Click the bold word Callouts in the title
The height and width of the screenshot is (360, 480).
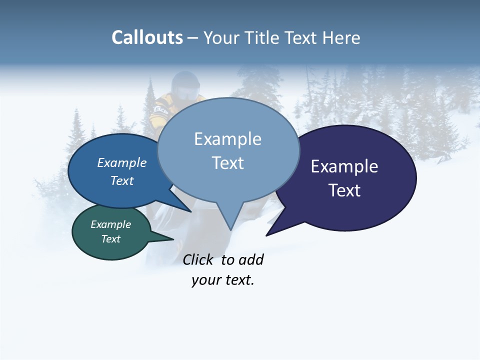coord(147,37)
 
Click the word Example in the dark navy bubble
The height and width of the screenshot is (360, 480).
coord(344,166)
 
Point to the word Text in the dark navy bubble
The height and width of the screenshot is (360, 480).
coord(344,190)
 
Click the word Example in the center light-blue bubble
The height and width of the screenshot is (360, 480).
coord(227,139)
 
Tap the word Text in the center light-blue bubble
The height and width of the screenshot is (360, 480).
coord(227,163)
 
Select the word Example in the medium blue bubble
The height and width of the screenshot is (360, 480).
coord(121,162)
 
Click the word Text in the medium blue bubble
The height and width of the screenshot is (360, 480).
coord(121,180)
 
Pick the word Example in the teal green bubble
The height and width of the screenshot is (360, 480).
coord(110,224)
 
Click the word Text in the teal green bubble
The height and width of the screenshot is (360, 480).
coord(110,239)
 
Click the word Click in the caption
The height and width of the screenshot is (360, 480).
coord(197,259)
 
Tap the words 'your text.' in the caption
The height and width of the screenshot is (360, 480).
coord(223,280)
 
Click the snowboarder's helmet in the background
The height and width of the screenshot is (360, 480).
coord(184,85)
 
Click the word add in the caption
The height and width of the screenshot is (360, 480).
coord(251,259)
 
